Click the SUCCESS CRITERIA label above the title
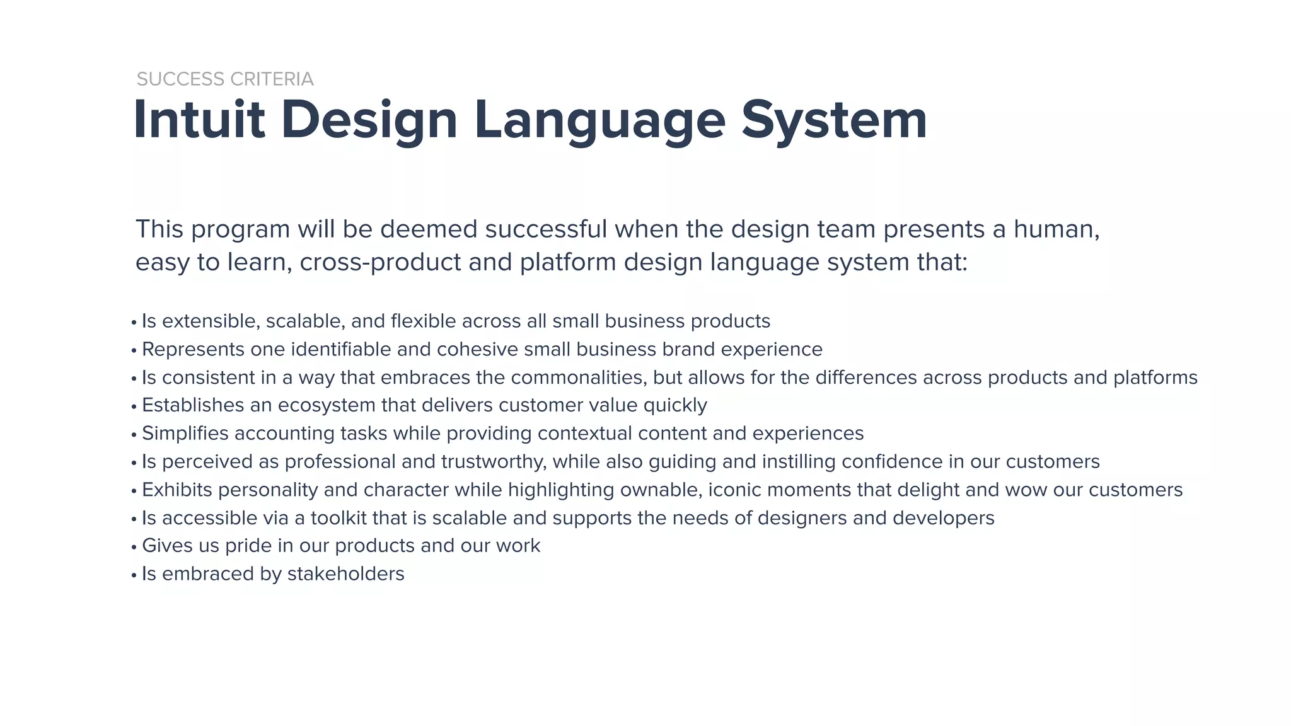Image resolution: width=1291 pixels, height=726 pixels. (225, 79)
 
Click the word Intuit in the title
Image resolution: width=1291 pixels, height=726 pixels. (199, 120)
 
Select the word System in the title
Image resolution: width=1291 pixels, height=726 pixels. (834, 120)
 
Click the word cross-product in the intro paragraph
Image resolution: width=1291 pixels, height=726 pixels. (380, 262)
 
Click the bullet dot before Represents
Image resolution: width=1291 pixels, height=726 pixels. (134, 351)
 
